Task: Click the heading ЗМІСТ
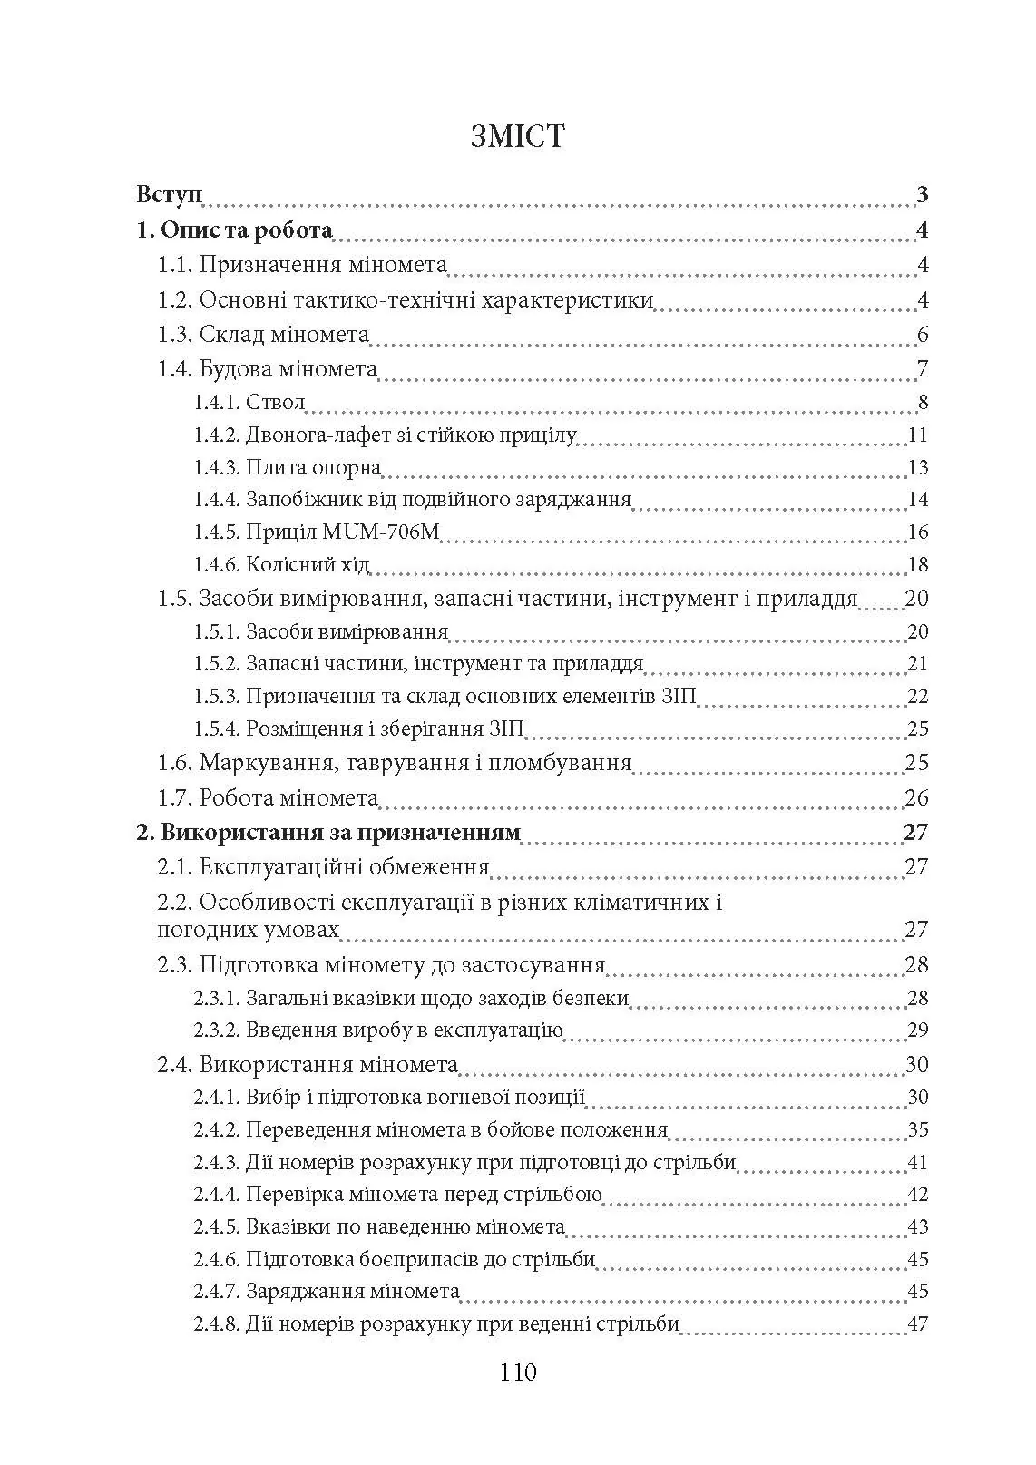pyautogui.click(x=518, y=136)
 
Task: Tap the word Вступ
pyautogui.click(x=170, y=195)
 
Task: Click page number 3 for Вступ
pyautogui.click(x=922, y=195)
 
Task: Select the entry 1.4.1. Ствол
pyautogui.click(x=249, y=402)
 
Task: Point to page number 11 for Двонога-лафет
pyautogui.click(x=917, y=435)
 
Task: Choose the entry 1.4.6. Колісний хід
pyautogui.click(x=281, y=564)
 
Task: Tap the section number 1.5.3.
pyautogui.click(x=216, y=696)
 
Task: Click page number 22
pyautogui.click(x=917, y=696)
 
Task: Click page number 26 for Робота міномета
pyautogui.click(x=916, y=798)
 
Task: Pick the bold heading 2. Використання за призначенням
pyautogui.click(x=328, y=833)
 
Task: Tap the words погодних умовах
pyautogui.click(x=249, y=930)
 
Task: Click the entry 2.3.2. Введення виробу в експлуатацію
pyautogui.click(x=378, y=1030)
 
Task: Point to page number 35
pyautogui.click(x=917, y=1130)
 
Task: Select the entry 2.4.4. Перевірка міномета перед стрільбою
pyautogui.click(x=397, y=1195)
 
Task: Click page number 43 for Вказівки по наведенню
pyautogui.click(x=917, y=1227)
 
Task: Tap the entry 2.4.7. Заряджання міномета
pyautogui.click(x=327, y=1292)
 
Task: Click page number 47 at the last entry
pyautogui.click(x=917, y=1324)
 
